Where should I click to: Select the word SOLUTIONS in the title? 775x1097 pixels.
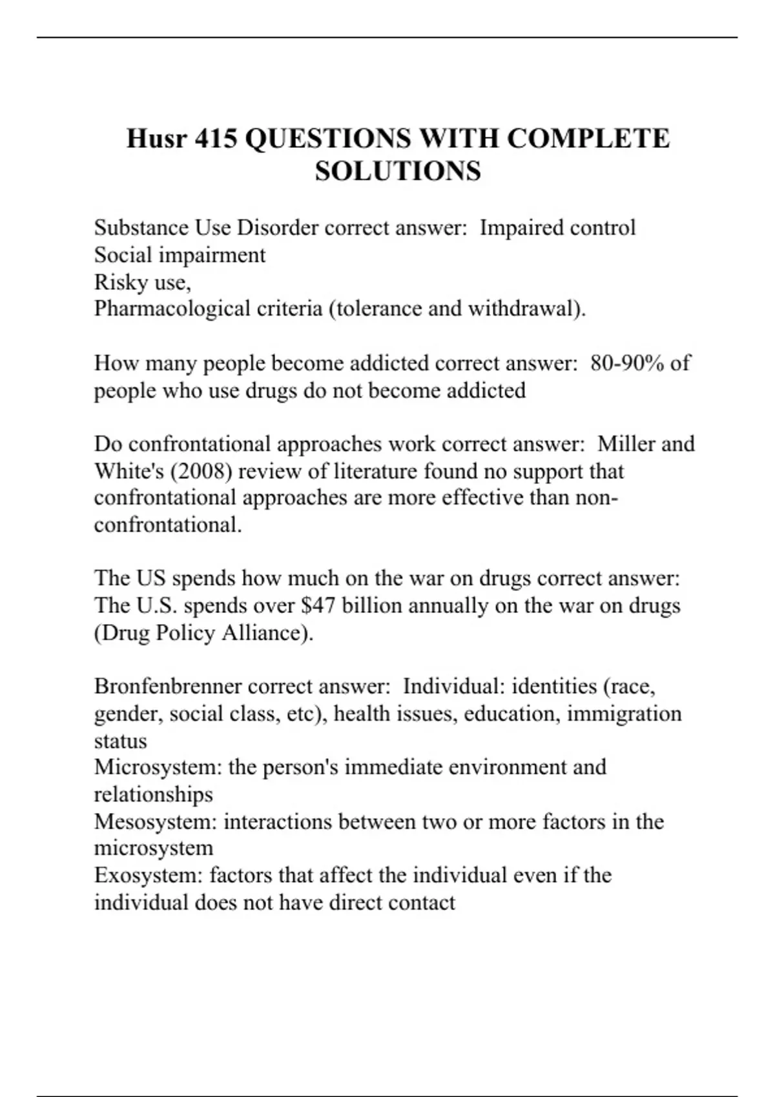[398, 171]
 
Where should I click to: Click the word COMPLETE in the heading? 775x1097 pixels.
[588, 139]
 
